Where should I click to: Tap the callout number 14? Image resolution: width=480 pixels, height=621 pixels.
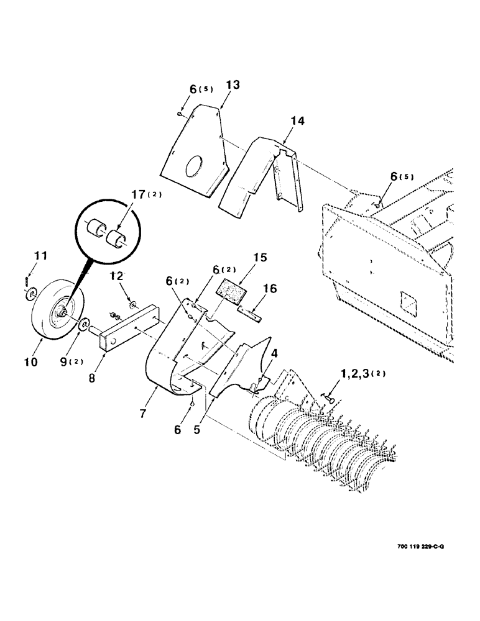[x=298, y=122]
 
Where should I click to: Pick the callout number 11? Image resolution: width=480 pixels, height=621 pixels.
[x=40, y=255]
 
